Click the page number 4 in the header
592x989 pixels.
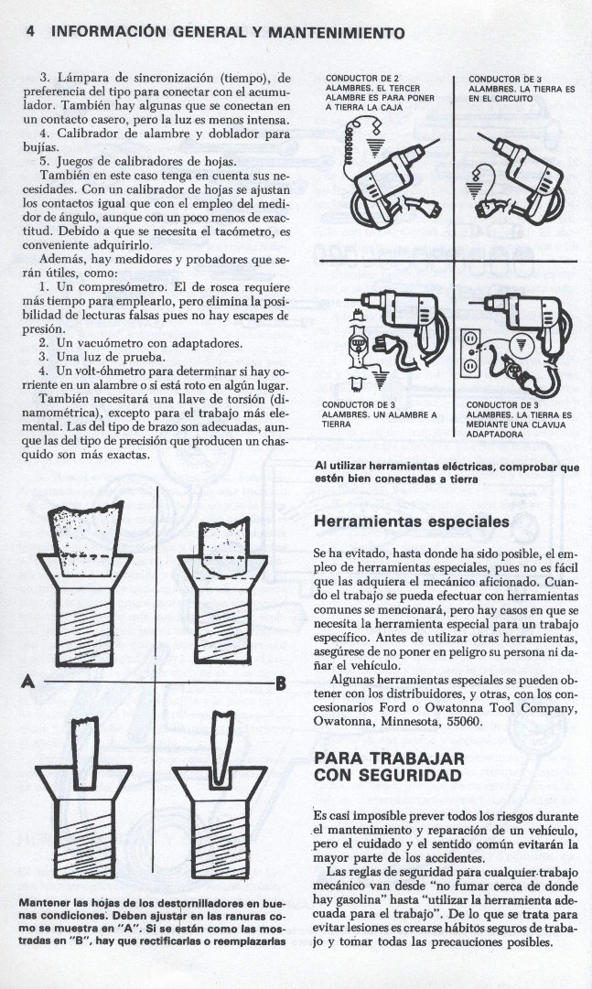[31, 31]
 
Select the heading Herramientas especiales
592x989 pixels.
[411, 521]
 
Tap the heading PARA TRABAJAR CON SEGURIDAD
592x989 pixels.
[390, 767]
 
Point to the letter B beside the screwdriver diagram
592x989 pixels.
[281, 682]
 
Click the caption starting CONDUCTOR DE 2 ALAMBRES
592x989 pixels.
[380, 93]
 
